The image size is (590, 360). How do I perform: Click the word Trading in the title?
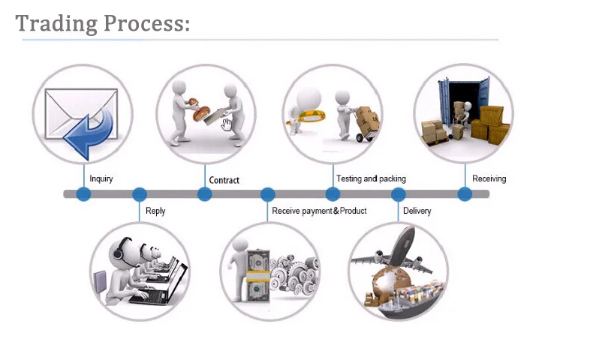point(56,24)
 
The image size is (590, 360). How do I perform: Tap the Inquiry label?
point(101,178)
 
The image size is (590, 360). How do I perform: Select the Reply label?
point(155,211)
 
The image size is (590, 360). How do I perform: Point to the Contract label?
point(224,181)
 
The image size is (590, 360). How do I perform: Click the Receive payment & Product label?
point(319,211)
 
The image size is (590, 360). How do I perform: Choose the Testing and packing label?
point(371,178)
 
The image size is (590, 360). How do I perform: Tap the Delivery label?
point(417,211)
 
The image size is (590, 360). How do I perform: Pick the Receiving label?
point(489,178)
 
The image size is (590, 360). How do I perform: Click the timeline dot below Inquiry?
point(83,194)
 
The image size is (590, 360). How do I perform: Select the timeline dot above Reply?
point(140,194)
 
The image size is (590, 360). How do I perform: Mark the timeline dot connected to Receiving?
point(465,194)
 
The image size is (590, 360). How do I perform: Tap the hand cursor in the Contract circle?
point(227,124)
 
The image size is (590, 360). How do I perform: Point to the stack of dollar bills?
point(257,275)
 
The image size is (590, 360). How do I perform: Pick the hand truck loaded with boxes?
point(363,124)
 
